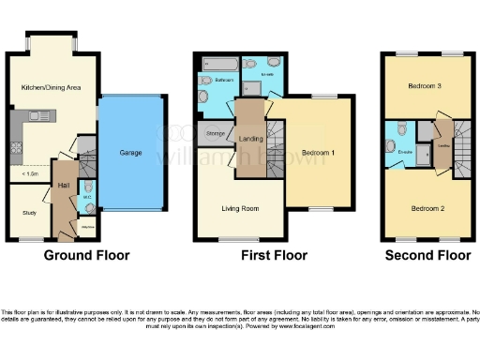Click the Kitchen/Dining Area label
[x=51, y=87]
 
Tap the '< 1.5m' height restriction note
[x=29, y=173]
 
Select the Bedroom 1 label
[x=319, y=153]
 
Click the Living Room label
[x=238, y=208]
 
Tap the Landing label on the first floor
[x=250, y=140]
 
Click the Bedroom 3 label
[x=427, y=86]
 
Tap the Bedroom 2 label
[x=427, y=208]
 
